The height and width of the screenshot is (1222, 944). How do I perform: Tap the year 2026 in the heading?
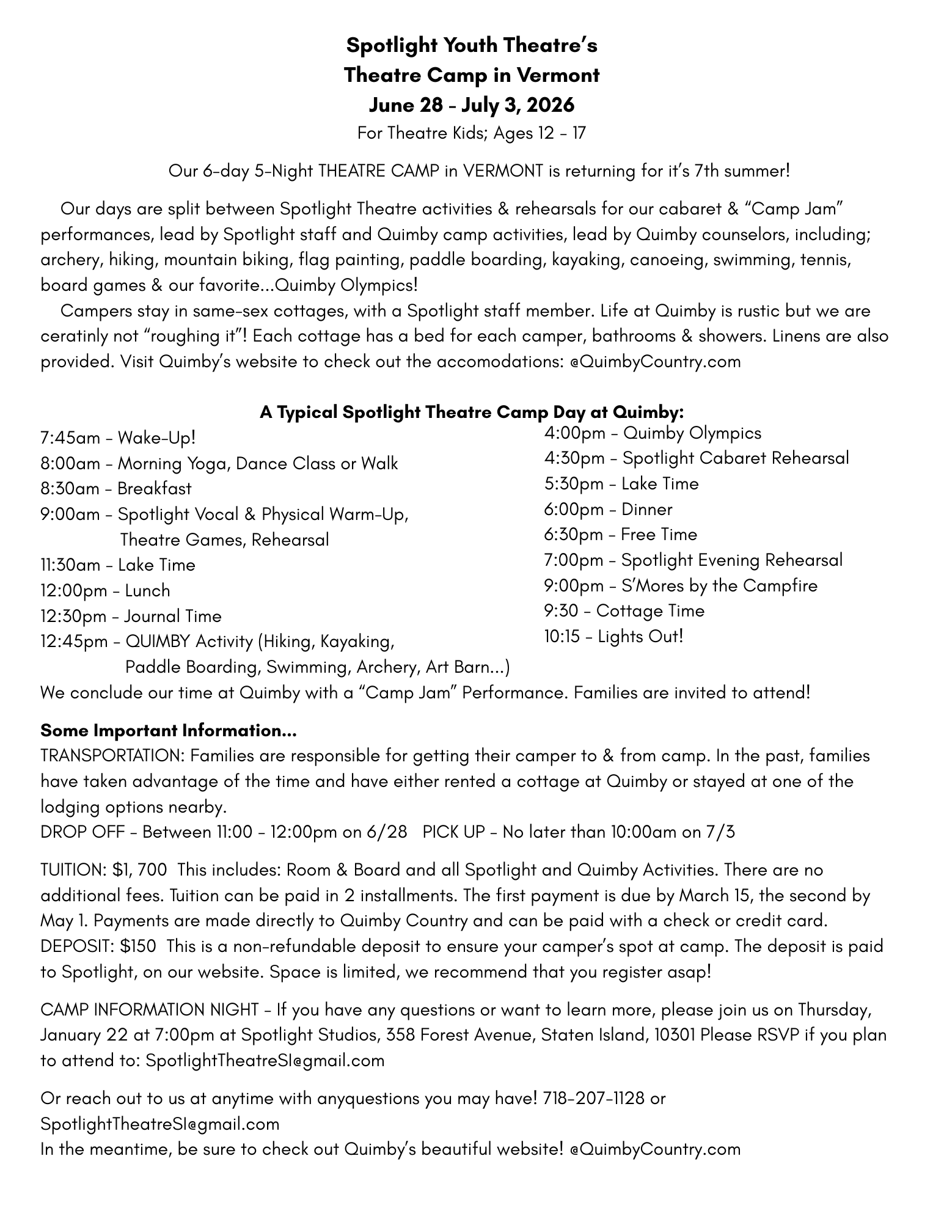[549, 105]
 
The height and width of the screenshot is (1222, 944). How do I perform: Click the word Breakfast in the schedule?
[155, 489]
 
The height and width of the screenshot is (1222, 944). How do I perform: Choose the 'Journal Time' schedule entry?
[173, 616]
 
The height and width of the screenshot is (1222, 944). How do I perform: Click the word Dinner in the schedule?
[647, 510]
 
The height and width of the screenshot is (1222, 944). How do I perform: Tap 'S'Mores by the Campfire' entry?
[719, 586]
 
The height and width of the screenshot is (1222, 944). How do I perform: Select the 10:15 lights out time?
[562, 637]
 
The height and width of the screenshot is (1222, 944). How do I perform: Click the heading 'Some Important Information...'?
[169, 730]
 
